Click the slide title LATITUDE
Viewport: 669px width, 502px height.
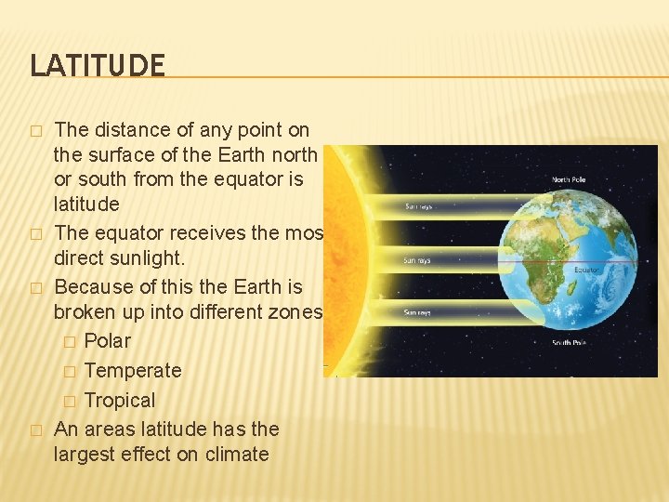click(x=98, y=65)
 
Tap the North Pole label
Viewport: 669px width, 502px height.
click(x=571, y=179)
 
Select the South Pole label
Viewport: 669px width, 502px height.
click(x=572, y=343)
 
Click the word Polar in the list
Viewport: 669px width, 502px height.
click(x=107, y=340)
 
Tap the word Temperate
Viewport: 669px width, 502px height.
click(x=132, y=370)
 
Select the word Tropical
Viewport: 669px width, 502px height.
click(x=119, y=400)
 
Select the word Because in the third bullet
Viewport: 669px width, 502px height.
click(x=93, y=286)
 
